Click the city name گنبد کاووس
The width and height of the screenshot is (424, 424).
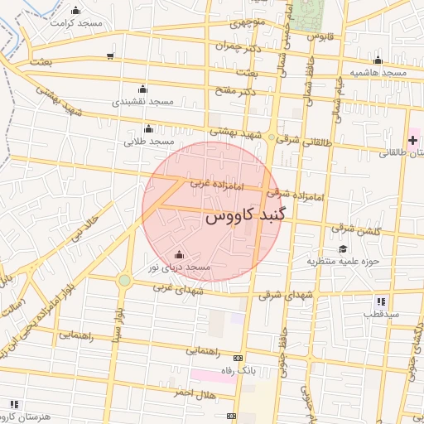click(x=245, y=217)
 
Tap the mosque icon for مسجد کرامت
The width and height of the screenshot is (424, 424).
click(x=76, y=11)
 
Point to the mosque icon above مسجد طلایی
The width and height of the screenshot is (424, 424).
click(x=148, y=128)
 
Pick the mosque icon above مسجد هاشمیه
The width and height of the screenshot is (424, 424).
click(x=378, y=60)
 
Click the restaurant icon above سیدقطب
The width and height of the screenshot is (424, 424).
click(x=380, y=301)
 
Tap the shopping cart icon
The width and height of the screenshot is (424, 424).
click(x=111, y=56)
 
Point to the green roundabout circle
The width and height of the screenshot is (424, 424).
click(x=124, y=281)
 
